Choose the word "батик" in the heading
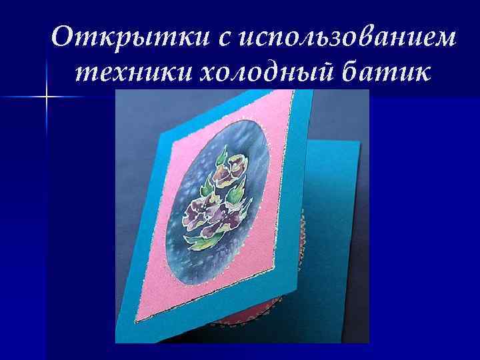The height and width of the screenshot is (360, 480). [x=378, y=71]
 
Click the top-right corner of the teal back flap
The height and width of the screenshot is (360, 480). [x=361, y=142]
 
